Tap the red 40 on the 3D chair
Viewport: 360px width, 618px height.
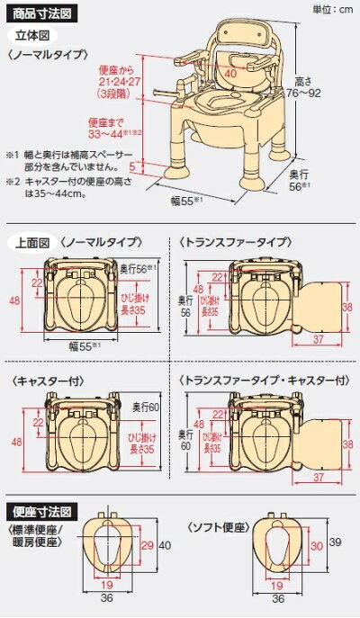pos(232,73)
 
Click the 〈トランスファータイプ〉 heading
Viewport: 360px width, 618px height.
pos(235,243)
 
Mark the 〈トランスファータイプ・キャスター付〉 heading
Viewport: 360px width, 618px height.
pos(257,379)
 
